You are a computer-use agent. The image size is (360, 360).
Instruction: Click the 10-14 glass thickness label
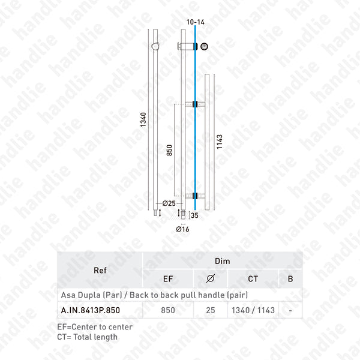pyautogui.click(x=196, y=22)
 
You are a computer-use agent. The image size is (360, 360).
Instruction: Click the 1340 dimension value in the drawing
pyautogui.click(x=143, y=120)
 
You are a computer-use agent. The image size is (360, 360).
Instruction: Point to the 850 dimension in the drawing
pyautogui.click(x=169, y=149)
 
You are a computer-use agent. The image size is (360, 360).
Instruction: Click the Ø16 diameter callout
pyautogui.click(x=182, y=229)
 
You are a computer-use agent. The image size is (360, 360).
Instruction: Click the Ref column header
pyautogui.click(x=100, y=270)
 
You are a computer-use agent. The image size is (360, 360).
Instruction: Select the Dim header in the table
pyautogui.click(x=222, y=262)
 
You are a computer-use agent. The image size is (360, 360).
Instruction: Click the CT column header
pyautogui.click(x=253, y=278)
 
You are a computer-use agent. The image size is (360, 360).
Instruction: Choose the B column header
pyautogui.click(x=290, y=278)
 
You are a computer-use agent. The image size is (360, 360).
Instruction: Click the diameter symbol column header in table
pyautogui.click(x=209, y=278)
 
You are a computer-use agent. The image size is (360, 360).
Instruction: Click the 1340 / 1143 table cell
pyautogui.click(x=253, y=311)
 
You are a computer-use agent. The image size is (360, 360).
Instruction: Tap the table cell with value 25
pyautogui.click(x=209, y=311)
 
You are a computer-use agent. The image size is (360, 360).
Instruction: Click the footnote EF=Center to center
pyautogui.click(x=95, y=327)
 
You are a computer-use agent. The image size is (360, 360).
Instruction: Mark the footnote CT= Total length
pyautogui.click(x=89, y=337)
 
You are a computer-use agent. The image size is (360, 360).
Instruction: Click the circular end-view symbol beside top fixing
pyautogui.click(x=205, y=46)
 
